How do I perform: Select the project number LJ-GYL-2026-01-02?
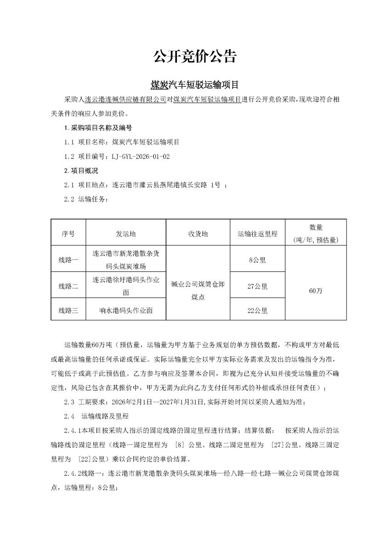tap(140, 157)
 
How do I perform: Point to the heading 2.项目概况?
tap(81, 171)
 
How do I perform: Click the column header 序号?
tap(68, 234)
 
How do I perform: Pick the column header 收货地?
tap(198, 234)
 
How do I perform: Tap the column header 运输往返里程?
tap(257, 234)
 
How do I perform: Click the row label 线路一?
tap(68, 260)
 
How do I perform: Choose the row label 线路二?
tap(68, 286)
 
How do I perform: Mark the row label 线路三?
tap(68, 311)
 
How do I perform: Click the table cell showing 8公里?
tap(257, 260)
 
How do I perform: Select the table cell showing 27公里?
tap(257, 286)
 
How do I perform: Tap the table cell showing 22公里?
tap(257, 311)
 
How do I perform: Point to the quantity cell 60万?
tap(316, 291)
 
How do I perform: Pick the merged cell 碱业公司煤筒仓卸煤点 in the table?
tap(198, 291)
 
